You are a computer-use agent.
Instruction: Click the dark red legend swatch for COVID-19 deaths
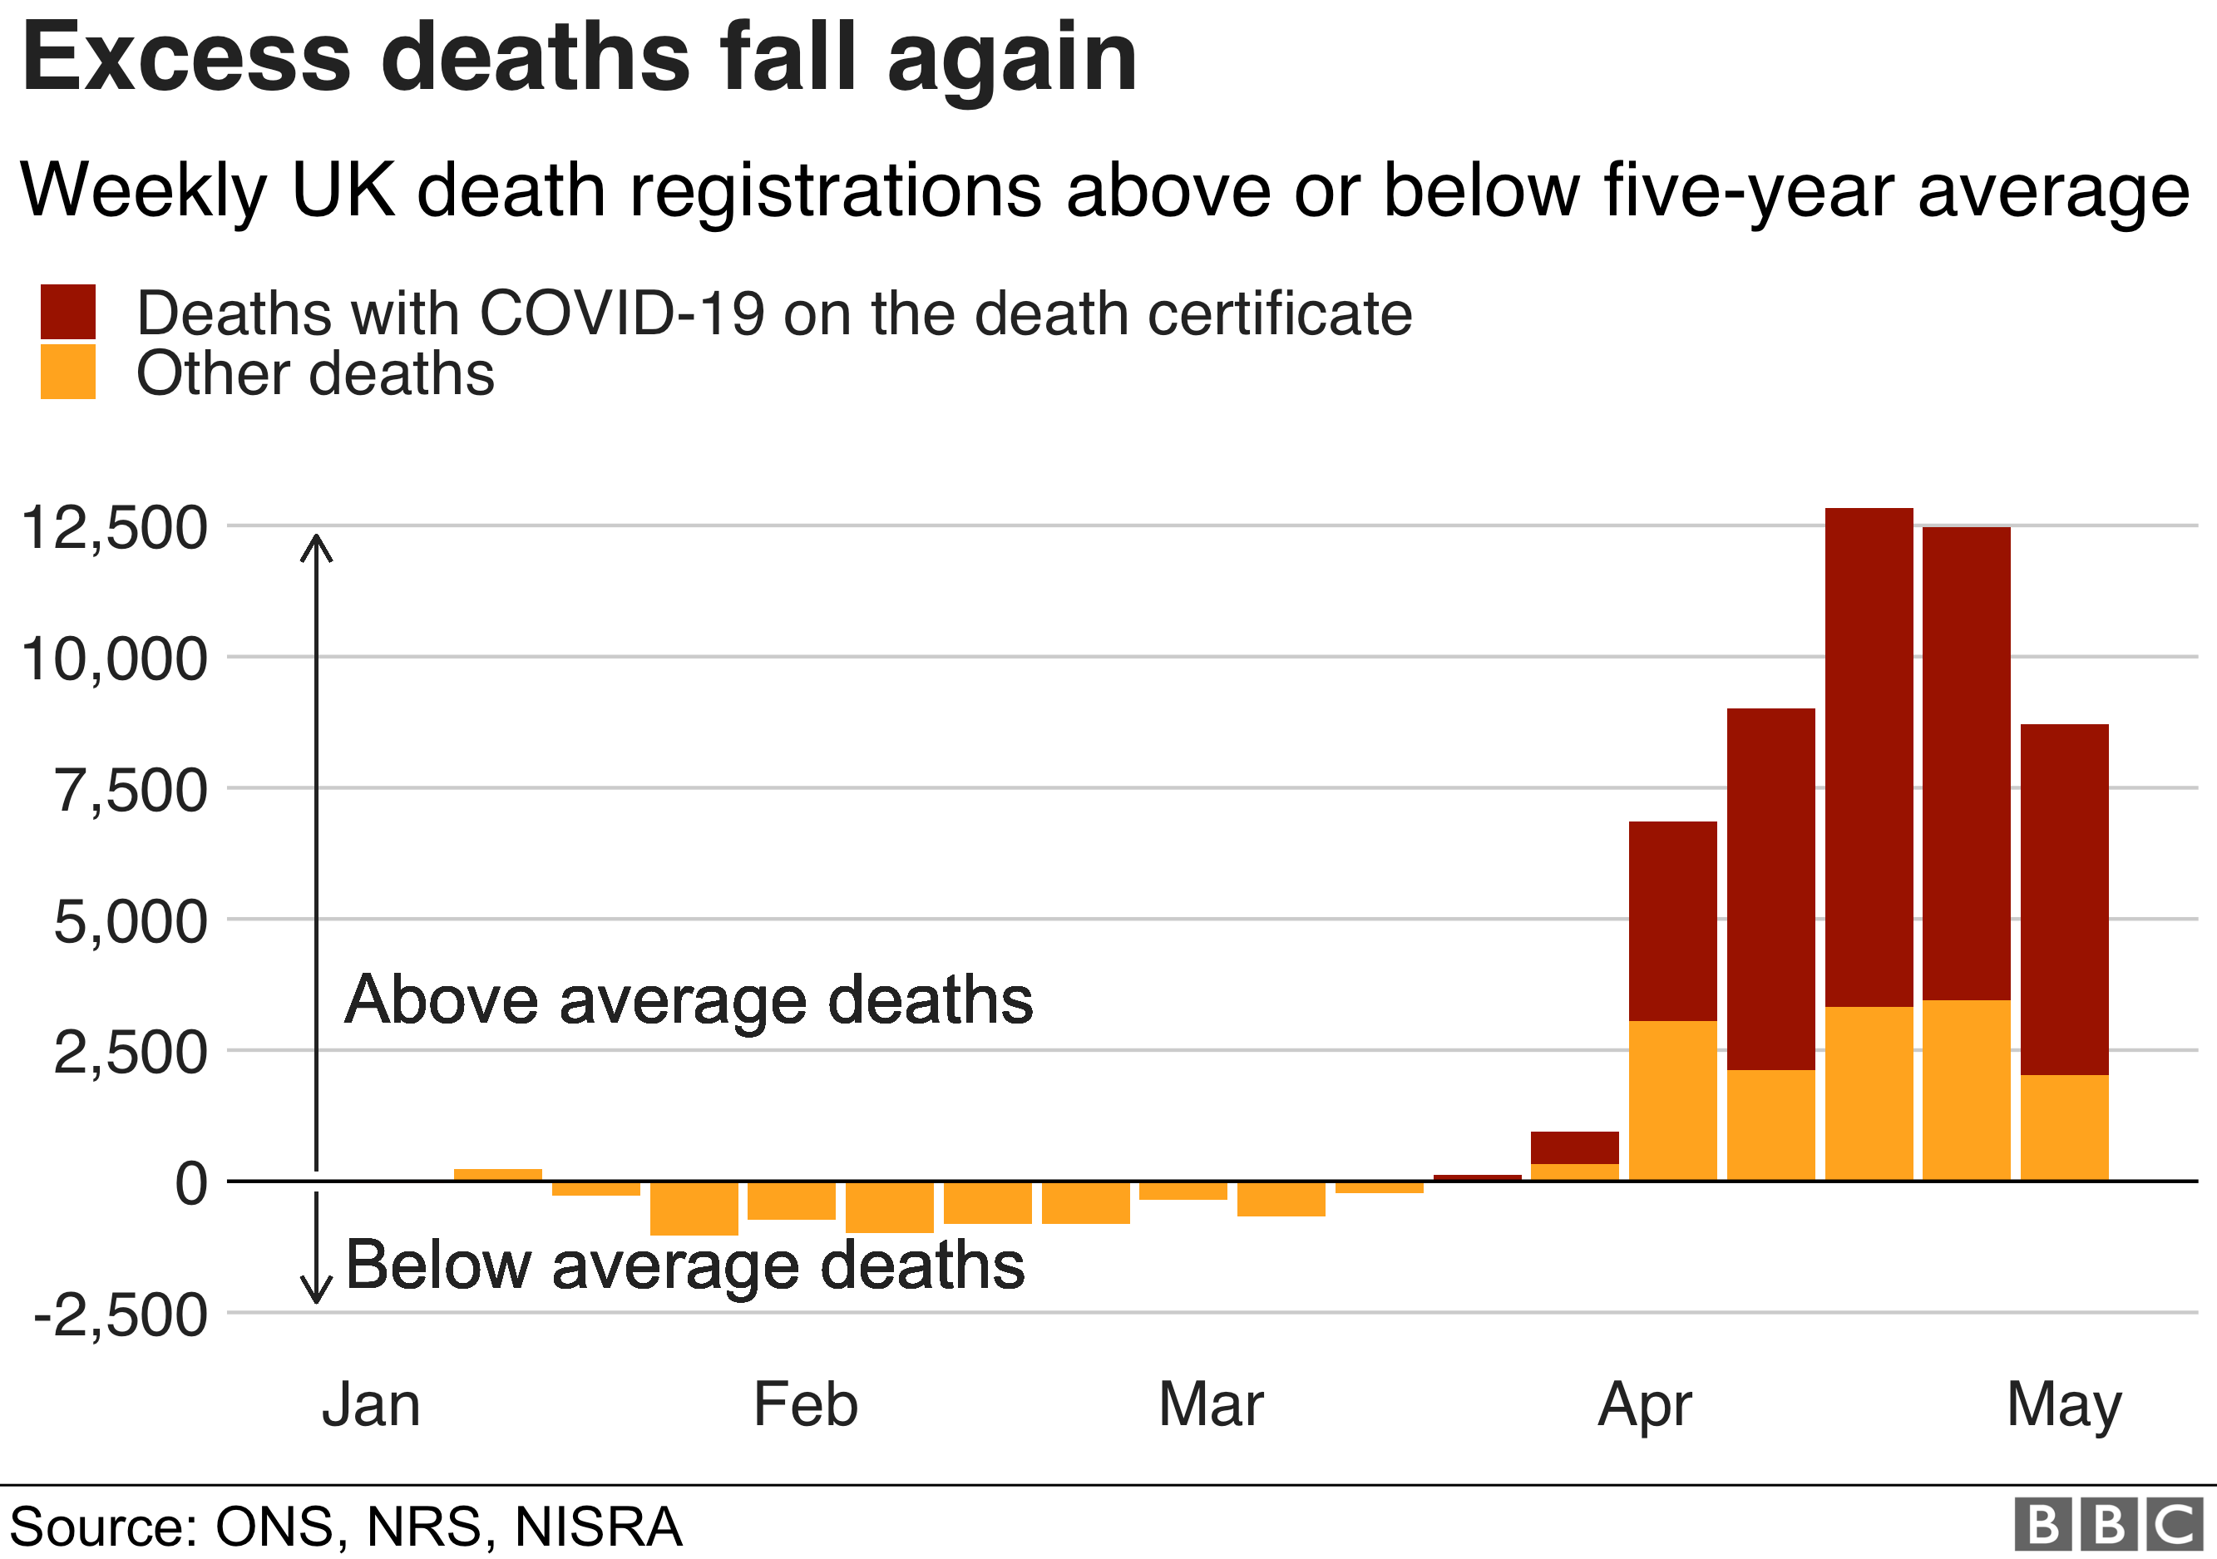(67, 312)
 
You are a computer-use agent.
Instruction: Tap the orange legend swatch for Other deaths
(67, 372)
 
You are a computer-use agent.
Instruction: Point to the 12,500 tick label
(114, 528)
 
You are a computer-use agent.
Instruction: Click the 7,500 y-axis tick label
(131, 791)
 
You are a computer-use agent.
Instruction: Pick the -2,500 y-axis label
(121, 1315)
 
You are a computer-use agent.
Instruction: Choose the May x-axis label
(2063, 1407)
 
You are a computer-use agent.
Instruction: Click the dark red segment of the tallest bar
(1869, 753)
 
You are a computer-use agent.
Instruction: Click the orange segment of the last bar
(2065, 1127)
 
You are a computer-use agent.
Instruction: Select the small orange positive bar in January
(497, 1174)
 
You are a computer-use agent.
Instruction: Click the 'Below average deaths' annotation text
(684, 1265)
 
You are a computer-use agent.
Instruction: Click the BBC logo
(2109, 1525)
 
